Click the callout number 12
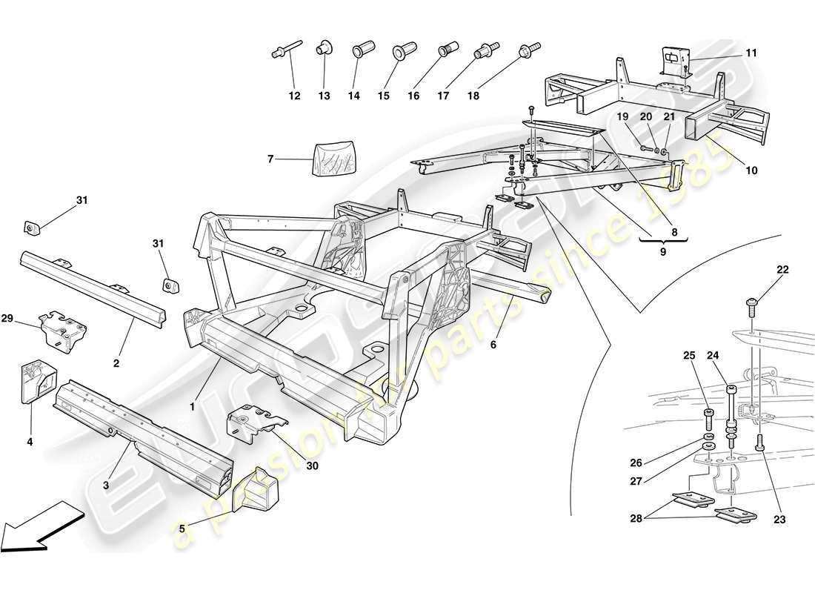[295, 96]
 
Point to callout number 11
[751, 53]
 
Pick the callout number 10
[751, 170]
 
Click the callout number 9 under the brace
[663, 252]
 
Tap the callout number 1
[192, 406]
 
